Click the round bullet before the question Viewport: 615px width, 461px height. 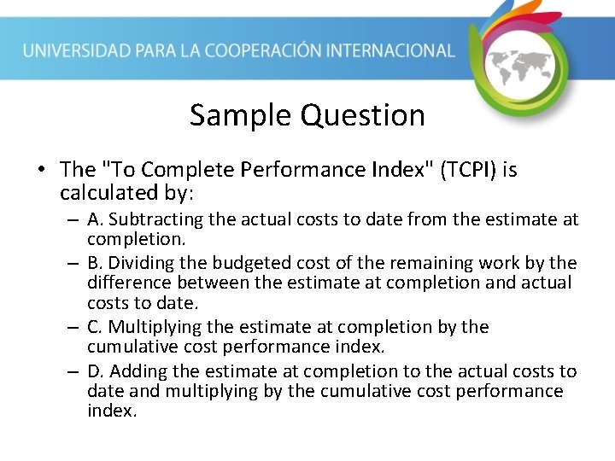tap(41, 171)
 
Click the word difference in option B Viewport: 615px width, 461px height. tap(125, 283)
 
